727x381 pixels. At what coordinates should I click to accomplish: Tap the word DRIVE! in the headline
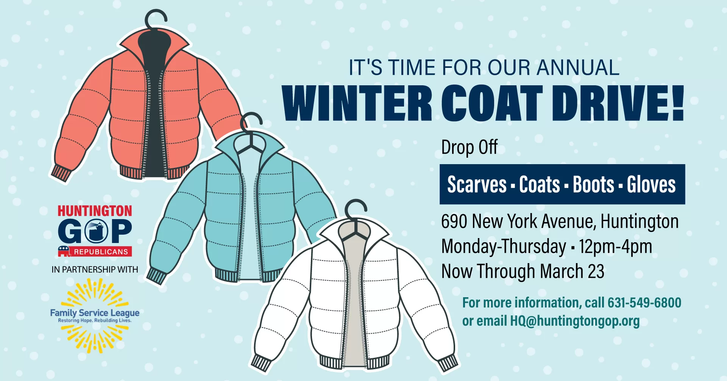click(618, 103)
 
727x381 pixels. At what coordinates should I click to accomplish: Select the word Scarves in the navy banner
click(477, 185)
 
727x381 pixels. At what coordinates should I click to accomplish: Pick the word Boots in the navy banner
click(593, 185)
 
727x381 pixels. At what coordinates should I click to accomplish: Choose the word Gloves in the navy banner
click(651, 185)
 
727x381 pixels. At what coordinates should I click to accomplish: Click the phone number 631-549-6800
click(644, 303)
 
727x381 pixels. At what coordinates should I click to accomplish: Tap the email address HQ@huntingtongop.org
click(575, 321)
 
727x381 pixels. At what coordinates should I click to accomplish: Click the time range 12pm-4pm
click(615, 247)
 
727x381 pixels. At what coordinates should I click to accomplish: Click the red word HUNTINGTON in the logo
click(95, 211)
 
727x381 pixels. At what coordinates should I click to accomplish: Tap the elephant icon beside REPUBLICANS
click(64, 251)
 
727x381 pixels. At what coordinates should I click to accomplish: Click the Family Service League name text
click(95, 313)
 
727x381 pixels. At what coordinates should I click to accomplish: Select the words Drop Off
click(469, 147)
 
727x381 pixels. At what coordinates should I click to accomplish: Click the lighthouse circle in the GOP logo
click(97, 231)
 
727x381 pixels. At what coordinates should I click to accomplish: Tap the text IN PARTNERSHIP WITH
click(95, 270)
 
